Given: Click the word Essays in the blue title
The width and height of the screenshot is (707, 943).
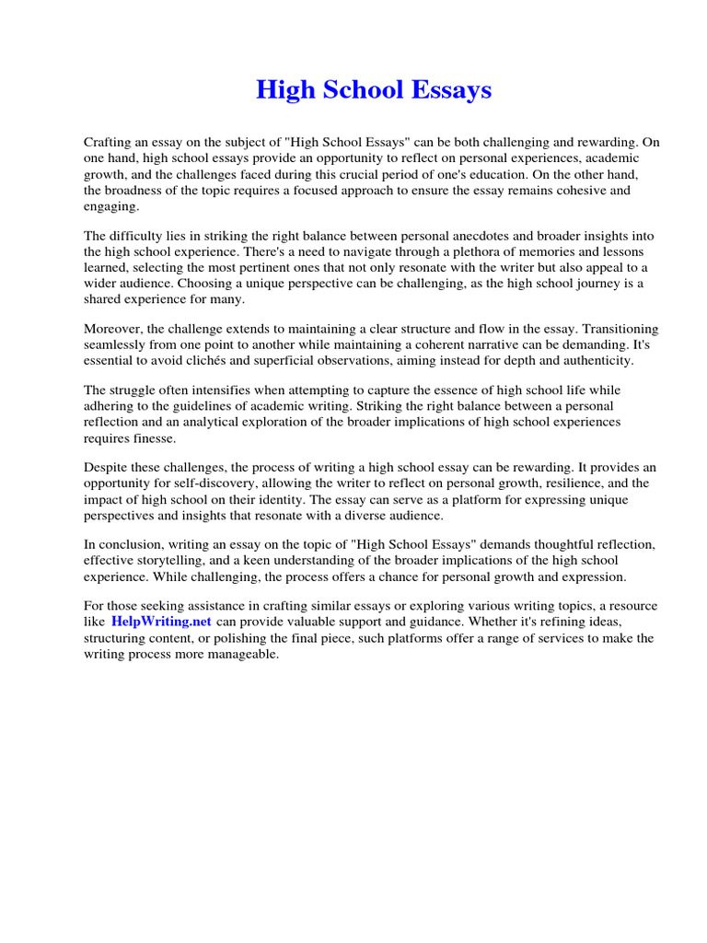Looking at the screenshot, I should pyautogui.click(x=452, y=90).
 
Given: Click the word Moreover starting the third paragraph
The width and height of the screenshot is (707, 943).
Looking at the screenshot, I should pyautogui.click(x=117, y=329).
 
